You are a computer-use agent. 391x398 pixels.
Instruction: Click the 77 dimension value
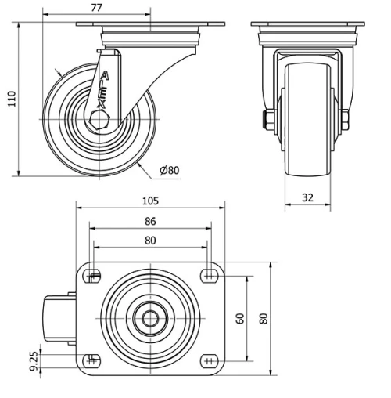pos(96,8)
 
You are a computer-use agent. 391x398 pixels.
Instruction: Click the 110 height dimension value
pos(12,99)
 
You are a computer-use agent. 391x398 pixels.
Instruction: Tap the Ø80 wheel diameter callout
pos(170,170)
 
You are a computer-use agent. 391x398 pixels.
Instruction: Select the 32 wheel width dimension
pos(307,197)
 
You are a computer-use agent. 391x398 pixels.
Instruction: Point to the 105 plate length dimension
pos(150,201)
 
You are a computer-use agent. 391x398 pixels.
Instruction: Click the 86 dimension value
pos(150,221)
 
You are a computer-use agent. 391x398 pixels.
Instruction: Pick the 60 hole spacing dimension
pos(240,318)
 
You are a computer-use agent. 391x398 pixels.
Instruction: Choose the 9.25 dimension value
pos(34,361)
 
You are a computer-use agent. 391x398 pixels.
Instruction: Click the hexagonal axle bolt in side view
pos(99,120)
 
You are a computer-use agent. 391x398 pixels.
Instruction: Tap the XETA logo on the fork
pos(102,90)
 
